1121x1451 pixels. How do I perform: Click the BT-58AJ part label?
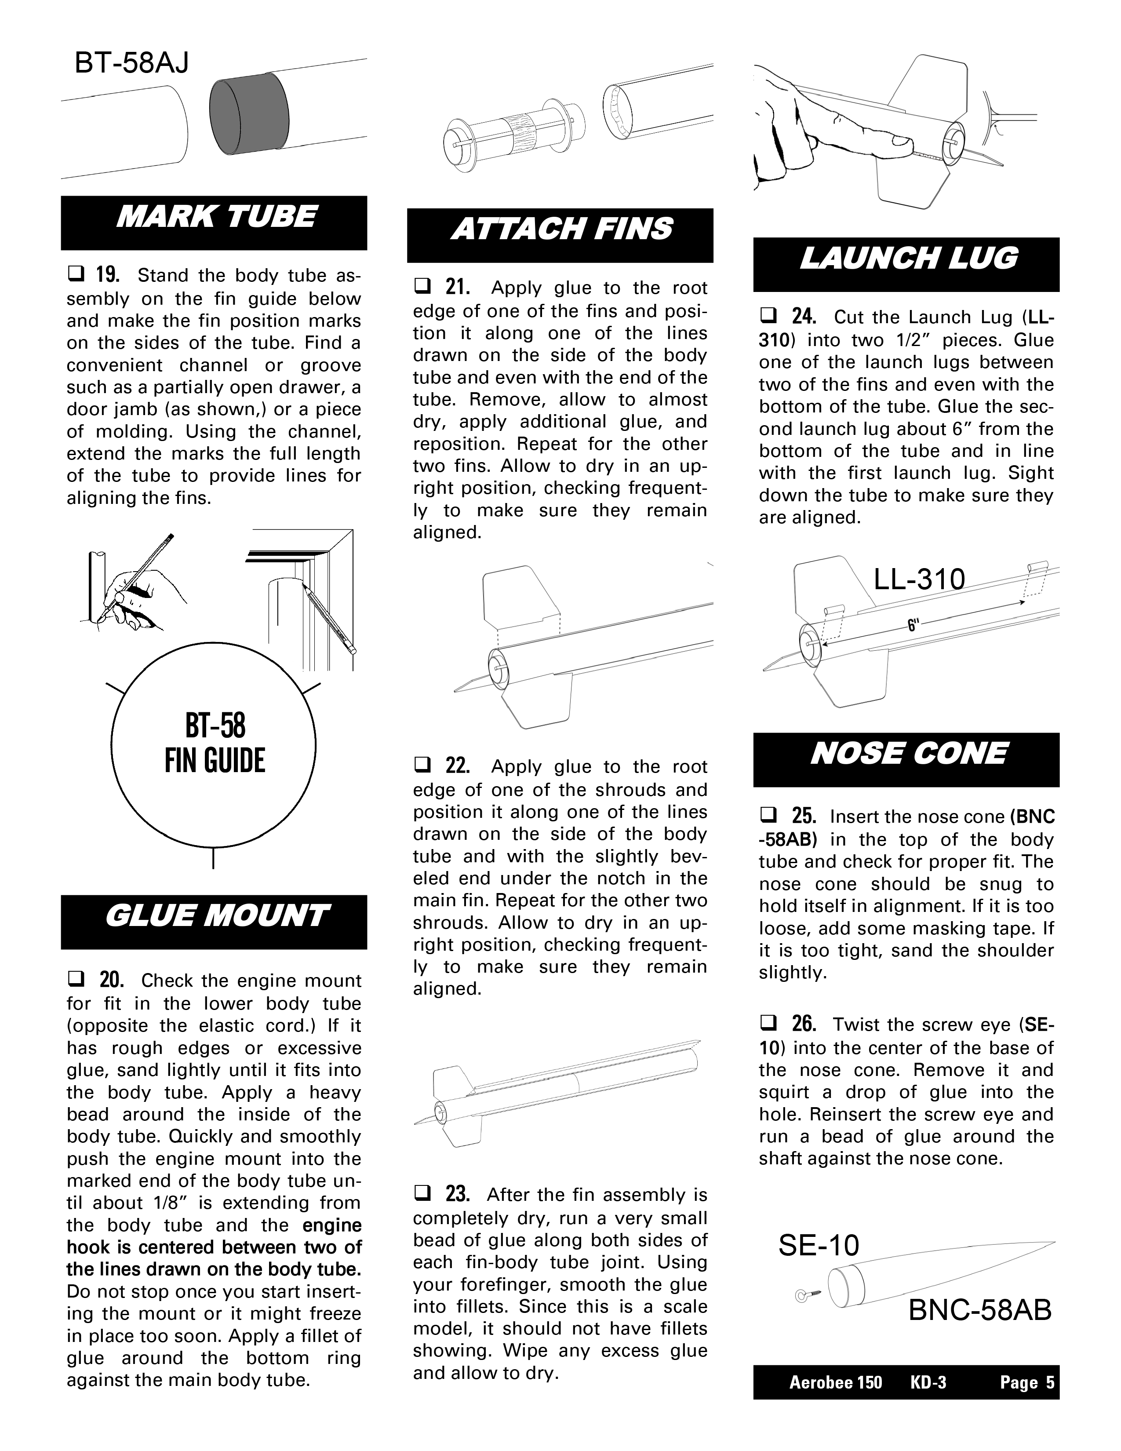tap(131, 63)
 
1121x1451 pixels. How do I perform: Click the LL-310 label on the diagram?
tap(919, 580)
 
